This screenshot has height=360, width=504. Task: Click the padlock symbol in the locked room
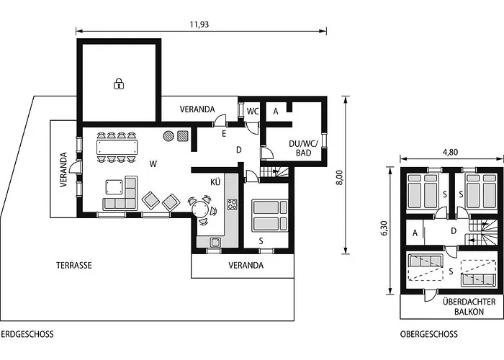pyautogui.click(x=118, y=84)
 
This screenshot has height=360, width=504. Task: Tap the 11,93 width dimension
pyautogui.click(x=199, y=24)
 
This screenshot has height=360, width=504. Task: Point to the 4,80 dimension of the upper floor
pyautogui.click(x=450, y=152)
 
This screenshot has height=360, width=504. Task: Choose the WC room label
pyautogui.click(x=253, y=111)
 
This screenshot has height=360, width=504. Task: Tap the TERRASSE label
pyautogui.click(x=74, y=266)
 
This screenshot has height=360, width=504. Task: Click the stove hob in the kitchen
pyautogui.click(x=233, y=204)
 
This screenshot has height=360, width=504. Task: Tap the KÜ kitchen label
pyautogui.click(x=215, y=182)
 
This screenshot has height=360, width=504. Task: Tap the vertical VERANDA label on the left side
pyautogui.click(x=63, y=169)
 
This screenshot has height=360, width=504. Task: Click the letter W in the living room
pyautogui.click(x=153, y=164)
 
